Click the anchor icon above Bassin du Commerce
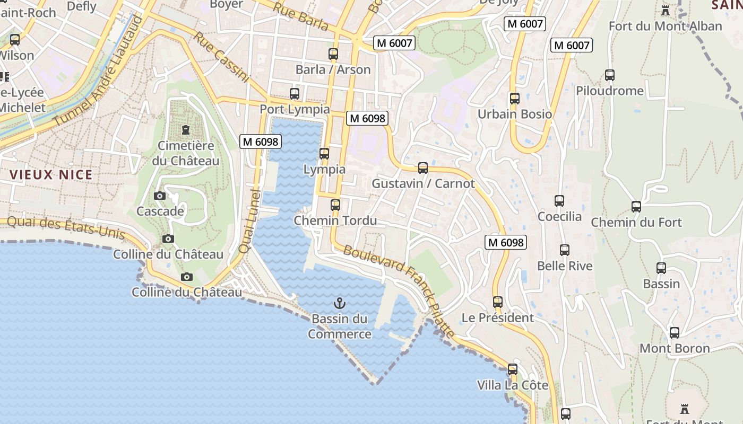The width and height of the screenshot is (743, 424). pyautogui.click(x=339, y=303)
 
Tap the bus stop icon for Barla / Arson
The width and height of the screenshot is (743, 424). pyautogui.click(x=333, y=54)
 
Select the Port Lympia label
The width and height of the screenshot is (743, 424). pyautogui.click(x=294, y=109)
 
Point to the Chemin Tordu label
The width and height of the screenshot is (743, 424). pyautogui.click(x=335, y=220)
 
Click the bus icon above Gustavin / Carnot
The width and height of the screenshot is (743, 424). pyautogui.click(x=423, y=168)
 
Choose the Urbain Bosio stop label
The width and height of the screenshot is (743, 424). pyautogui.click(x=514, y=114)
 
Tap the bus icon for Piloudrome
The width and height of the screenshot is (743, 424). pyautogui.click(x=610, y=75)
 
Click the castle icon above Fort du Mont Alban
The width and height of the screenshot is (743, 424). pyautogui.click(x=665, y=10)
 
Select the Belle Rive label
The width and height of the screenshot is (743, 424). pyautogui.click(x=565, y=266)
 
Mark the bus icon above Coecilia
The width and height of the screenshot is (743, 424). pyautogui.click(x=559, y=201)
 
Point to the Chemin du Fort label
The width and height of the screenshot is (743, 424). pyautogui.click(x=636, y=222)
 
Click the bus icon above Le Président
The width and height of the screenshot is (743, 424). pyautogui.click(x=498, y=302)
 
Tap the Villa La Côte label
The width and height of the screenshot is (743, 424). pyautogui.click(x=512, y=385)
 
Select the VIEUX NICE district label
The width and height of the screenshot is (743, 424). pyautogui.click(x=51, y=174)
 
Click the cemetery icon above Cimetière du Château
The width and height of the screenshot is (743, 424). pyautogui.click(x=186, y=129)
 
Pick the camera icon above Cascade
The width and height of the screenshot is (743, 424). pyautogui.click(x=160, y=196)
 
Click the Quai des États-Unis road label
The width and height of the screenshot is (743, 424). pyautogui.click(x=66, y=226)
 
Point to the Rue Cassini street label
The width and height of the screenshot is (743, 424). pyautogui.click(x=221, y=58)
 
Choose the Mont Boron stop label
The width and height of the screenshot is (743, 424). pyautogui.click(x=674, y=348)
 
